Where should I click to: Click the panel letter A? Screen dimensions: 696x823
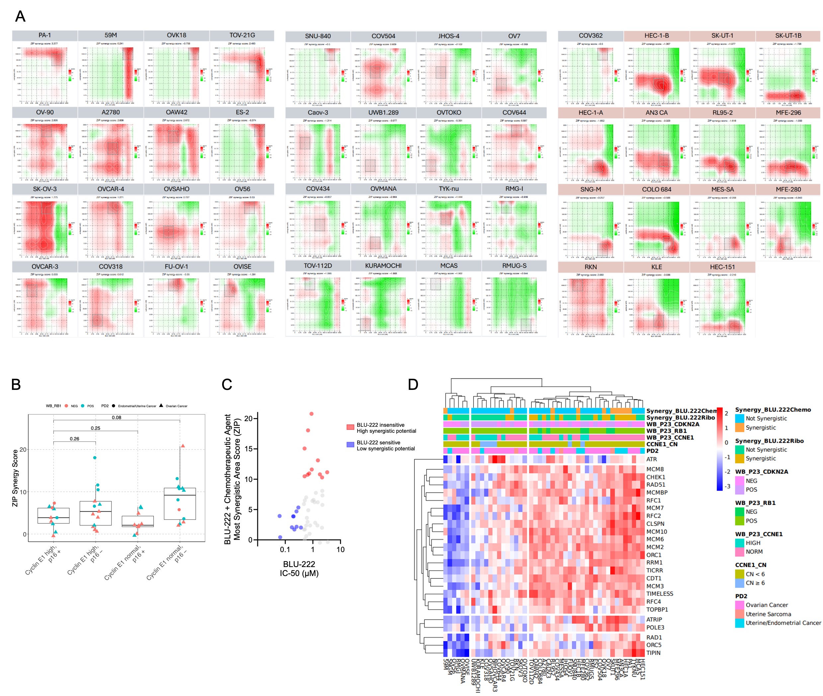[20, 17]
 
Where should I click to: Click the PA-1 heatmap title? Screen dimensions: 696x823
[44, 35]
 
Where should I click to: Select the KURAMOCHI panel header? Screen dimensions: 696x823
[383, 266]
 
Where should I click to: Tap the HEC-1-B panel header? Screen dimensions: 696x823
[656, 36]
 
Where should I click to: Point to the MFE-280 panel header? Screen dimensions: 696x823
[788, 189]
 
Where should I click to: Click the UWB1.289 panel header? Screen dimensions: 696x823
[383, 112]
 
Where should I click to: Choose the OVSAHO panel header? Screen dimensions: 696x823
[176, 189]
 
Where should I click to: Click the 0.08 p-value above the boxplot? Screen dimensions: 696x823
[116, 417]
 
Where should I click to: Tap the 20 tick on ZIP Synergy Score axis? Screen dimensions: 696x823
[23, 449]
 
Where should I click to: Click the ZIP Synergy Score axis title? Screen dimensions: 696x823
[15, 478]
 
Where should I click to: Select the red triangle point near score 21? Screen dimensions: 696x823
[183, 446]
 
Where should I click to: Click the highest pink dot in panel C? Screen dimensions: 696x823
[311, 414]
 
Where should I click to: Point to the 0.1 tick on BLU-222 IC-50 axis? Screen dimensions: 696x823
[285, 549]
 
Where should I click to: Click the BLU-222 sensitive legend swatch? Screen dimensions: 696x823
[350, 445]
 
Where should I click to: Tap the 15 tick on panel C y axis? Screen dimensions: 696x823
[248, 449]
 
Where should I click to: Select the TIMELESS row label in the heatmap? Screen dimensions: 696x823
[659, 594]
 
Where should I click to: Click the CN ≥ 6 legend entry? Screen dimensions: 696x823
[755, 583]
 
